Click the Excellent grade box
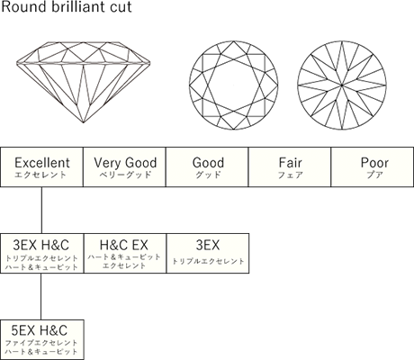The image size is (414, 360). [x=41, y=167]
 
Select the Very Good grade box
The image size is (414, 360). [x=124, y=167]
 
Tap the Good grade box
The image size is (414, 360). [x=207, y=167]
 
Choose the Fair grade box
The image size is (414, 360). [x=290, y=167]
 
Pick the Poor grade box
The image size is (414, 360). [x=373, y=167]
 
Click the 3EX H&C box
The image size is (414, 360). [x=42, y=254]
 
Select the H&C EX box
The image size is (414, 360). [x=125, y=254]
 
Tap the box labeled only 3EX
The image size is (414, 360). [x=208, y=254]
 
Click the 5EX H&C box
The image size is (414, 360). [x=42, y=339]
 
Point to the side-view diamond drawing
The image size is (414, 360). [x=83, y=82]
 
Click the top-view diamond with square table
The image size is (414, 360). [x=234, y=85]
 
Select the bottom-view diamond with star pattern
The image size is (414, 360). [x=342, y=85]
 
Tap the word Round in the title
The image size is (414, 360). [x=25, y=7]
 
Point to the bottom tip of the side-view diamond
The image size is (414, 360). [x=84, y=122]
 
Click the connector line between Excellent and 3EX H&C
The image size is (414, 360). [x=41, y=211]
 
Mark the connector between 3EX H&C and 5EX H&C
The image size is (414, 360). [x=41, y=296]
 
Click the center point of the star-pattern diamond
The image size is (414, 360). [x=342, y=85]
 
